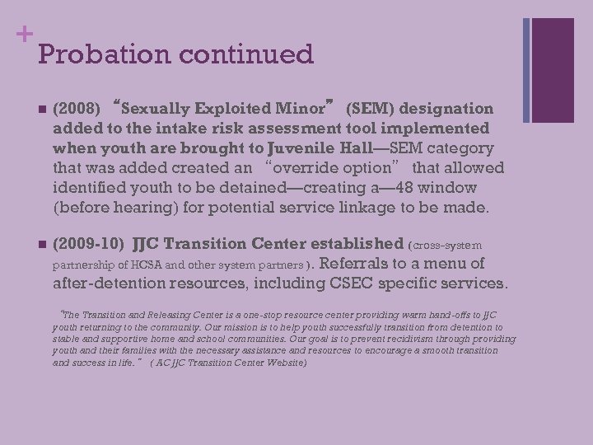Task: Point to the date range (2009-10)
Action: [x=88, y=244]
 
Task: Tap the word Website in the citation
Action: [x=282, y=362]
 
